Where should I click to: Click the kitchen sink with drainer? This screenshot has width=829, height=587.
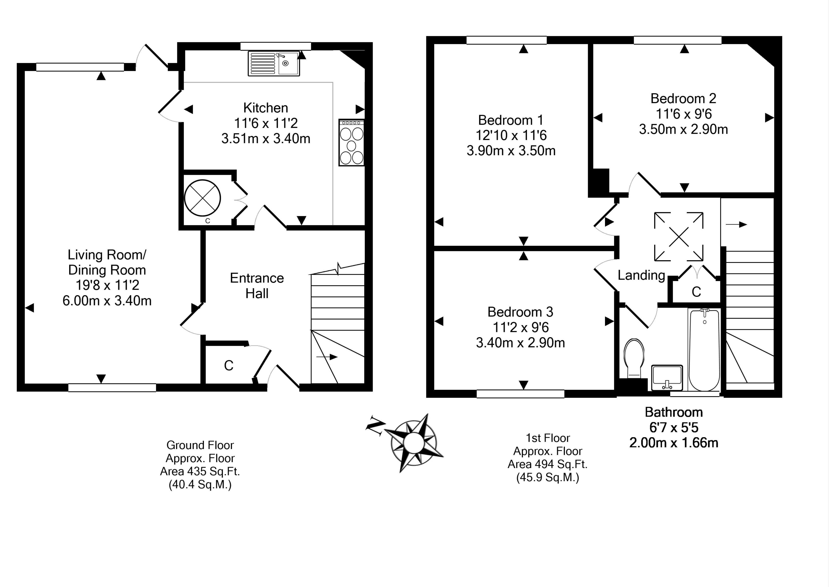click(x=274, y=64)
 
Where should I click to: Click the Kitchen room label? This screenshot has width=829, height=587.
click(x=266, y=108)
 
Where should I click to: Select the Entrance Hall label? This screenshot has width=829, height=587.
click(x=257, y=286)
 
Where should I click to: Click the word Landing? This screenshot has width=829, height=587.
click(x=641, y=275)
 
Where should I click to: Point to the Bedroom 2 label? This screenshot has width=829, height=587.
click(x=683, y=98)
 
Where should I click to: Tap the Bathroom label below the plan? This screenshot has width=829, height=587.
click(x=673, y=412)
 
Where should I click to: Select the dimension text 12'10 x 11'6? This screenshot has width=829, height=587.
click(x=511, y=135)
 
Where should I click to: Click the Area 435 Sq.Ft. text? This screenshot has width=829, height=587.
click(x=200, y=471)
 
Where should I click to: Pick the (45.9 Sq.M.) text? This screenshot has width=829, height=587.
click(x=548, y=478)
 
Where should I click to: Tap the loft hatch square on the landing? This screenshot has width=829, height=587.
click(x=679, y=237)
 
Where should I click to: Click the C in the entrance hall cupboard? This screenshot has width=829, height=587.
click(x=229, y=366)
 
